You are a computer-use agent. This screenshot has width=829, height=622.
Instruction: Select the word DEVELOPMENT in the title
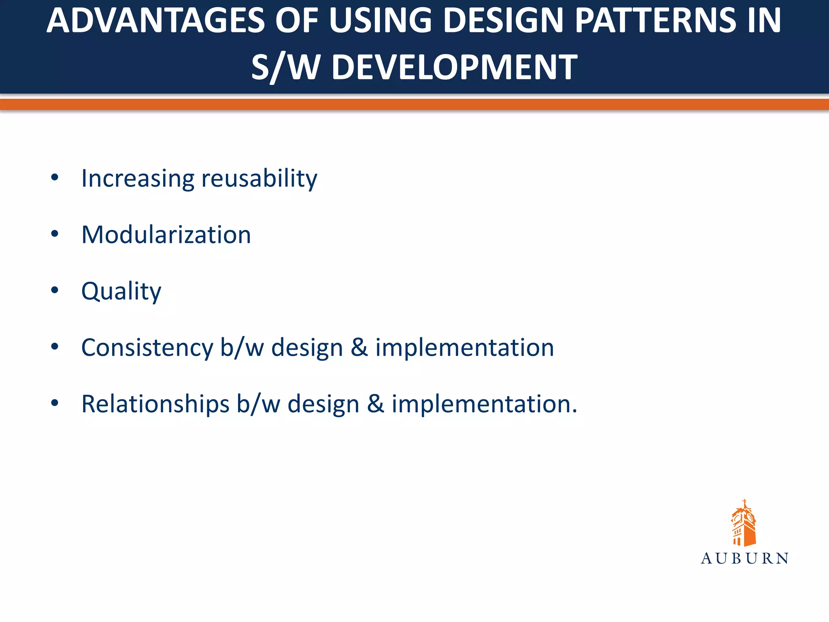pos(454,67)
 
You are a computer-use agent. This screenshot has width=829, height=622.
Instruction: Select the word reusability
pos(259,178)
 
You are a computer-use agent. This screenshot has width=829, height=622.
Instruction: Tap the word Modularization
pos(166,234)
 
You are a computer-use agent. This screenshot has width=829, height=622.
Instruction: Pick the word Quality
pos(121,291)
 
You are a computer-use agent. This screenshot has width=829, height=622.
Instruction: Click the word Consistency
pos(147,347)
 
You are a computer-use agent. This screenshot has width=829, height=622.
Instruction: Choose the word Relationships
pos(155,404)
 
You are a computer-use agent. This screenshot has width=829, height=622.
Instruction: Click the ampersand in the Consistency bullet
pos(359,347)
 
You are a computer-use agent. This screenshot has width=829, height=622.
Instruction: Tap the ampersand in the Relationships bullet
pos(375,404)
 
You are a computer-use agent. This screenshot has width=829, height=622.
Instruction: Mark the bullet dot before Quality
pos(55,290)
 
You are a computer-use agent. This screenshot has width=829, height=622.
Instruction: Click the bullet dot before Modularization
pos(55,234)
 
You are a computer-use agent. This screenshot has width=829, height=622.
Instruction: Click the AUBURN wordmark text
pos(744,558)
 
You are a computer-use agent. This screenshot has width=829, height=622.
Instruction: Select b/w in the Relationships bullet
pos(258,404)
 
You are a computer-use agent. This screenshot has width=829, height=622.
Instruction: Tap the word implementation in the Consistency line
pos(464,347)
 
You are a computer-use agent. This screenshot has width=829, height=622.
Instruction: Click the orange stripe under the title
pos(414,104)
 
